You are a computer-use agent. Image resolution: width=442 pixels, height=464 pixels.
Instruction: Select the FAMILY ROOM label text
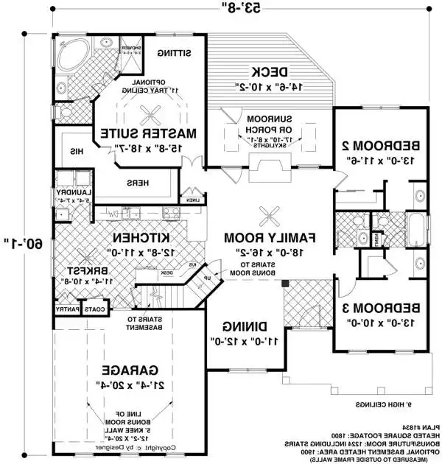click(x=270, y=237)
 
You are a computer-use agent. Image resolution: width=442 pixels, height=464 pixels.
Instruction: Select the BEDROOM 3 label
click(x=382, y=307)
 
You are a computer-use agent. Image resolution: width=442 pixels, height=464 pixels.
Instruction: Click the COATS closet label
click(x=94, y=309)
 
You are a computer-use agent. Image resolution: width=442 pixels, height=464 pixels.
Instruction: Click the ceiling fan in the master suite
click(x=155, y=112)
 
